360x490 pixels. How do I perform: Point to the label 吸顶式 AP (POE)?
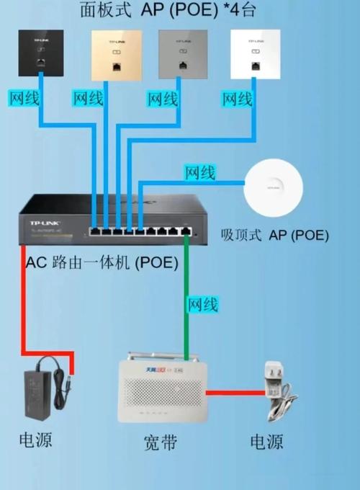click(274, 235)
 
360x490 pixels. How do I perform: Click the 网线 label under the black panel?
click(27, 97)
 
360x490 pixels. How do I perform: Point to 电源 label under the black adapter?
click(35, 440)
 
